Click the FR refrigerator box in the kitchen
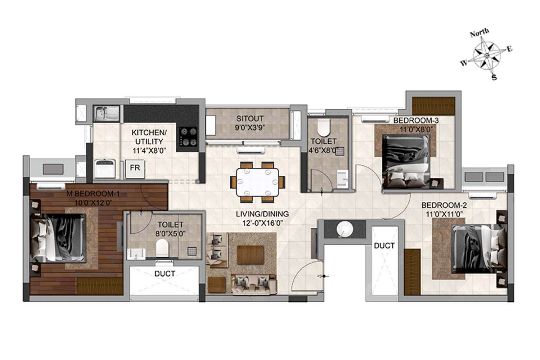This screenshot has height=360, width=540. tap(135, 169)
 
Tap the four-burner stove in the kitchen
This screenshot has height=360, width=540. tap(188, 137)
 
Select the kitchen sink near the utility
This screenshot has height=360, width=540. tap(106, 113)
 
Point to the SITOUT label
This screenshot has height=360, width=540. tap(250, 119)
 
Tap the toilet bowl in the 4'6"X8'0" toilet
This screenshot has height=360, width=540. tap(324, 127)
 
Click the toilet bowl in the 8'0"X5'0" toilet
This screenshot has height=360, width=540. tap(162, 248)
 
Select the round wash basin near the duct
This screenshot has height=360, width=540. tap(345, 229)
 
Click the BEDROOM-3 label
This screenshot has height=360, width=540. tap(416, 120)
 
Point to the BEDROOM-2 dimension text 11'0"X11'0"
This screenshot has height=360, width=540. tap(444, 214)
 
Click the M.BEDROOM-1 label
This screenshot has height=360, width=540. tap(93, 193)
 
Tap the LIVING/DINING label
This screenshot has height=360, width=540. tap(262, 214)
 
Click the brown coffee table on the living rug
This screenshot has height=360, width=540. tap(251, 255)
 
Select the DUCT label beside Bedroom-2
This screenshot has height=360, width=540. tap(384, 246)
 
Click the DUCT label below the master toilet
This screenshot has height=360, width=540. tap(165, 274)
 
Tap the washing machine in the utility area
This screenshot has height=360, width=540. tap(105, 168)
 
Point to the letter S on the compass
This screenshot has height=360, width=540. tap(494, 77)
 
